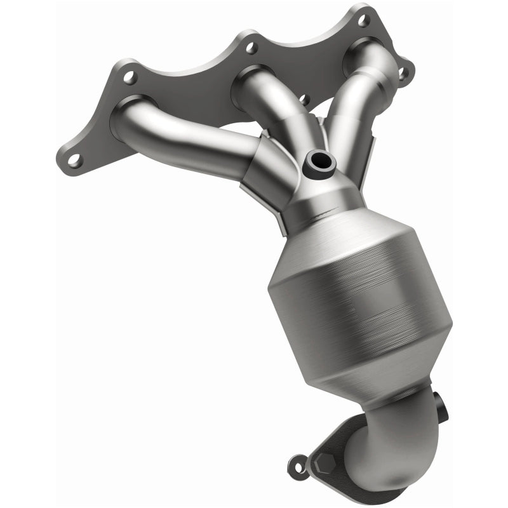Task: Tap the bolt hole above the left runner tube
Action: [x=130, y=78]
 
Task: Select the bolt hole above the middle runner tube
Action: [x=251, y=48]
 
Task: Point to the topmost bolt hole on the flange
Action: [x=363, y=20]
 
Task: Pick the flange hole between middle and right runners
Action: [x=304, y=100]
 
